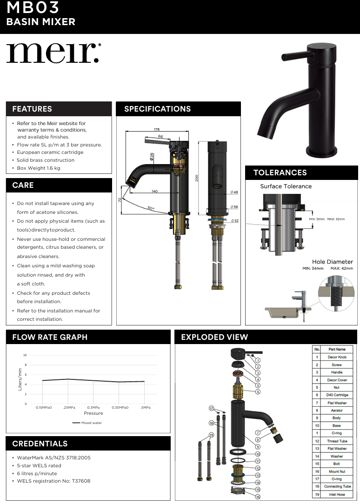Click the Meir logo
point(53,53)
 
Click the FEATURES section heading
point(32,109)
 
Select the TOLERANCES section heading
point(280,172)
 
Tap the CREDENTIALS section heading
point(40,444)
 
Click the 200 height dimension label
point(197,178)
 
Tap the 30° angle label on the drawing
point(150,208)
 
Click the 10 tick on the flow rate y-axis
point(25,355)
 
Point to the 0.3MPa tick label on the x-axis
point(93,408)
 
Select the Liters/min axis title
point(20,379)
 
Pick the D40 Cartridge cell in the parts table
point(337,395)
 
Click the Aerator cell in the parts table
point(337,410)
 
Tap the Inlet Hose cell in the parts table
point(337,494)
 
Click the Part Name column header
point(337,349)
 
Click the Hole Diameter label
point(332,262)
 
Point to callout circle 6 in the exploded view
point(258,391)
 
